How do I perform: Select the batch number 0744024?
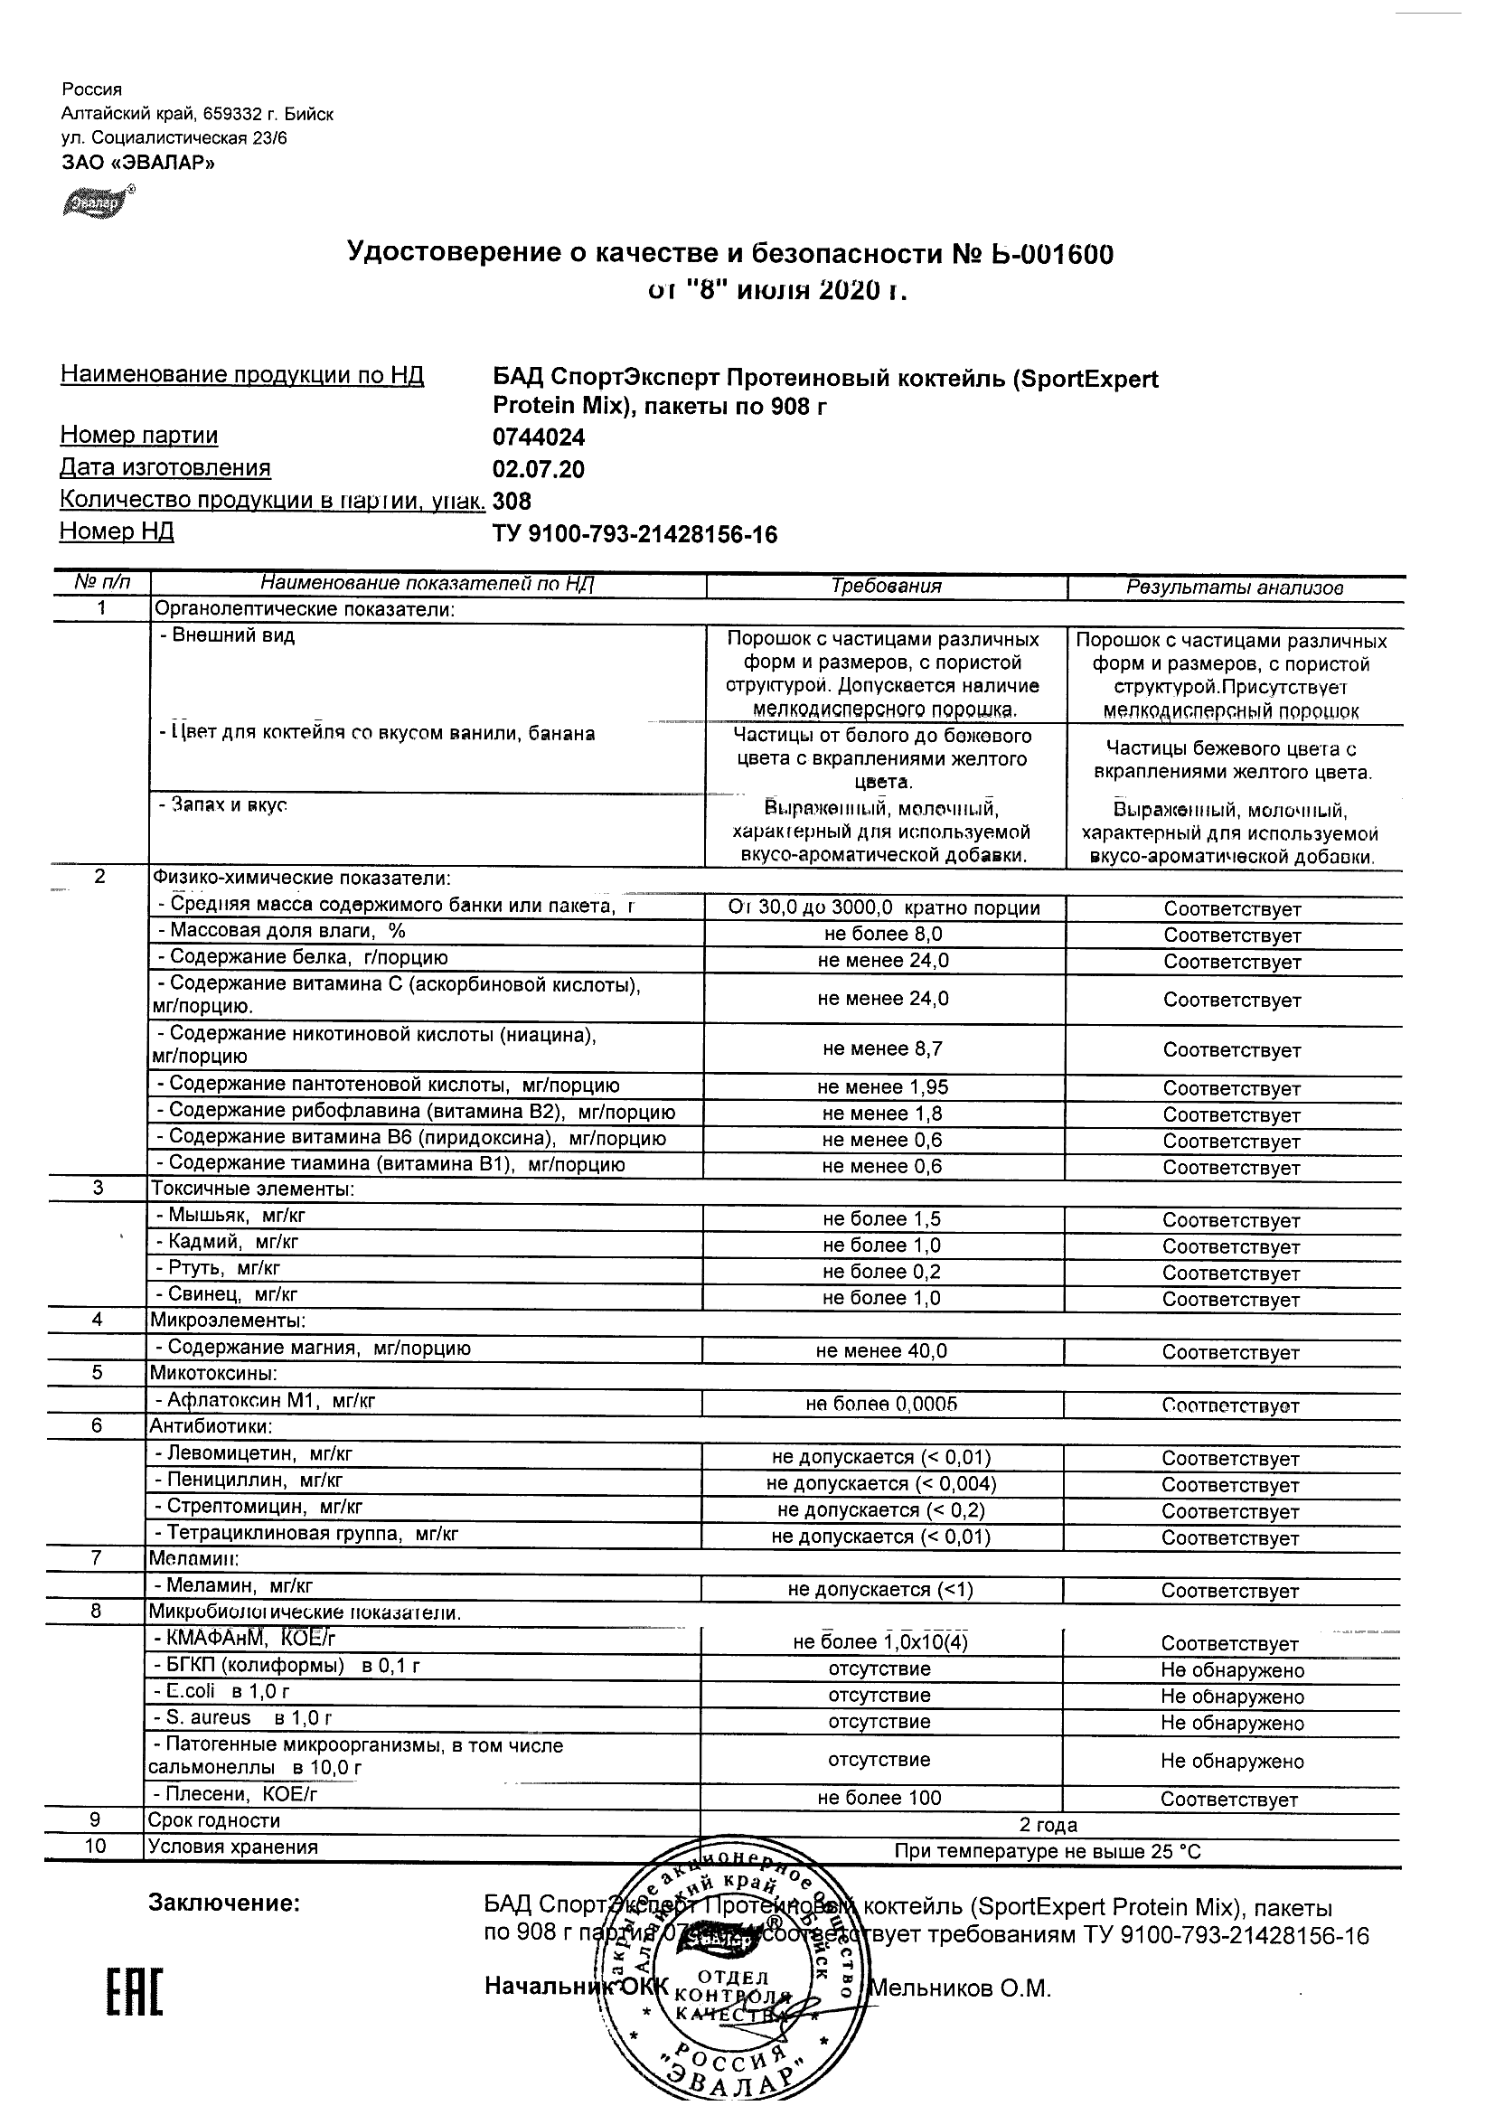pos(539,437)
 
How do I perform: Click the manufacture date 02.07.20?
pos(539,470)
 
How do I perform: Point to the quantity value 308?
pos(512,502)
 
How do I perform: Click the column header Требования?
pos(886,587)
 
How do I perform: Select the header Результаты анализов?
pos(1235,587)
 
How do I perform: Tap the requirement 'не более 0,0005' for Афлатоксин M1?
pos(881,1404)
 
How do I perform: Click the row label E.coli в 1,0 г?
pos(222,1691)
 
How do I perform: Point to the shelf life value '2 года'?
pos(1048,1825)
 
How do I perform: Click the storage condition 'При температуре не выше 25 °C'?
pos(1048,1852)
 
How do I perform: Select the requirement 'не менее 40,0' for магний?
pos(881,1350)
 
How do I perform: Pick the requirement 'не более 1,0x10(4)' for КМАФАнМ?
pos(880,1641)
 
